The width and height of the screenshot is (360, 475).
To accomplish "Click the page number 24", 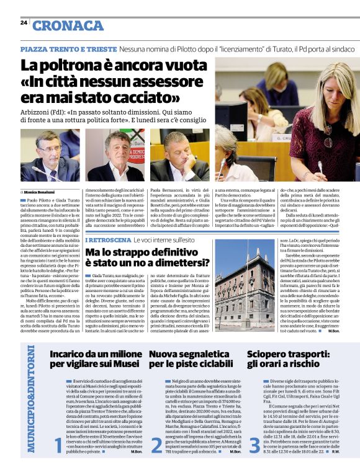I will pyautogui.click(x=24, y=22).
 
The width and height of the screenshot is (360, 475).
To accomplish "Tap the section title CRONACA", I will pyautogui.click(x=68, y=25).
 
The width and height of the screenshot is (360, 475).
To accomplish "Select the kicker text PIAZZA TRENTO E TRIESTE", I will pyautogui.click(x=68, y=48).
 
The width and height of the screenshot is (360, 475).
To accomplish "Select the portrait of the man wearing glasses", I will pyautogui.click(x=46, y=157).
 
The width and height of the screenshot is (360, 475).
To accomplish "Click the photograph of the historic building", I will pyautogui.click(x=245, y=288).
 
